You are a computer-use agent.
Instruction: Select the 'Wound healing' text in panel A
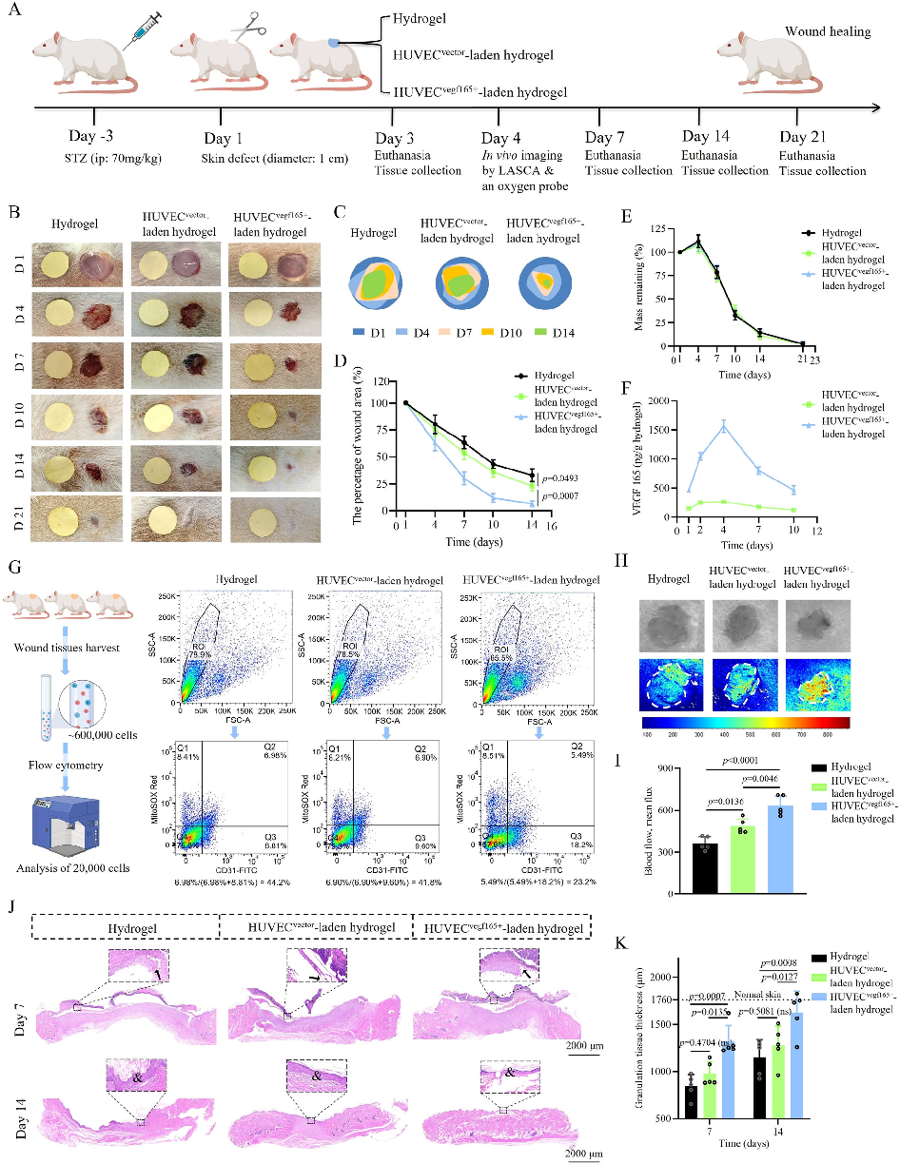click(x=827, y=31)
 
